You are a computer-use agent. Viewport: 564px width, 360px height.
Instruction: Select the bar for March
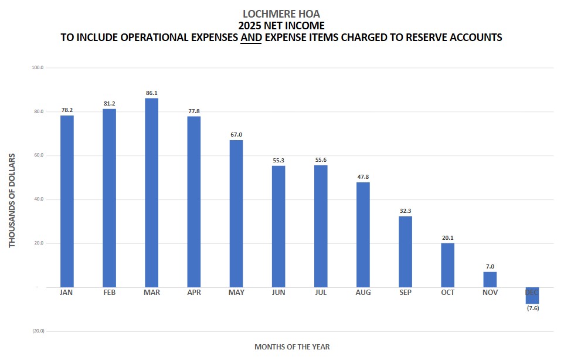tap(151, 192)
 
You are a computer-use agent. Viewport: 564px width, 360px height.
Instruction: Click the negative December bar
tap(532, 296)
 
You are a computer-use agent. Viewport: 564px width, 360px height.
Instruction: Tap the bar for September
tap(405, 252)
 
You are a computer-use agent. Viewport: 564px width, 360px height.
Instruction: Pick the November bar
tap(490, 279)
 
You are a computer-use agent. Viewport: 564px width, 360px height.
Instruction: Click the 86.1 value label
tap(151, 93)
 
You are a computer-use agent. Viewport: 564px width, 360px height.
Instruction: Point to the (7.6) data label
tap(532, 308)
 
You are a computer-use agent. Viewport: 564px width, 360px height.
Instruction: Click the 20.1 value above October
tap(448, 238)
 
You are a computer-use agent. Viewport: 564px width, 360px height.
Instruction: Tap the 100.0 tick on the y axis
tap(38, 68)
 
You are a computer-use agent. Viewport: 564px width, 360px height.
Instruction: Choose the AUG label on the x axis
tap(363, 293)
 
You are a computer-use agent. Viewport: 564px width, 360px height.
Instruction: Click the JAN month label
tap(67, 293)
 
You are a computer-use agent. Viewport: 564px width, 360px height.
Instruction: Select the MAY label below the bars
tap(236, 293)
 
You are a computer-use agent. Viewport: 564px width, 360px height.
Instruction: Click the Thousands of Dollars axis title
tap(12, 200)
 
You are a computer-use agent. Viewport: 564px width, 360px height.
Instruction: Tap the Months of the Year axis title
tap(292, 347)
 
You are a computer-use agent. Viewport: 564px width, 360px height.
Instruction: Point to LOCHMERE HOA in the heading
tap(281, 13)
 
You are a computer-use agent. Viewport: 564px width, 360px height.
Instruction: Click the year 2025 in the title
tap(250, 26)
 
